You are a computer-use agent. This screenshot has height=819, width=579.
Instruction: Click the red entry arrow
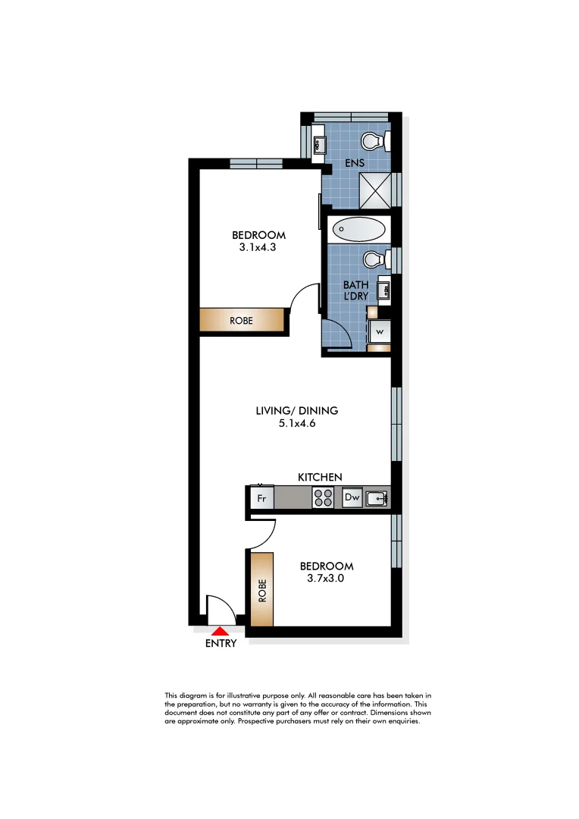(220, 630)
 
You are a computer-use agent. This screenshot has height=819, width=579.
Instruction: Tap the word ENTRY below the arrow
(221, 644)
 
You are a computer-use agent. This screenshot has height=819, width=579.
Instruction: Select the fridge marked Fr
(261, 498)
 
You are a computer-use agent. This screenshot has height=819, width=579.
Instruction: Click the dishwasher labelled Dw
(352, 498)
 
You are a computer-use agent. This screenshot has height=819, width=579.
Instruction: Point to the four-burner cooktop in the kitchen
(323, 498)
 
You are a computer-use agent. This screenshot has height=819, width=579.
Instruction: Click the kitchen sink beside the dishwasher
(377, 498)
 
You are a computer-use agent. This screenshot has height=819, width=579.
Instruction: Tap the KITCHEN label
(319, 477)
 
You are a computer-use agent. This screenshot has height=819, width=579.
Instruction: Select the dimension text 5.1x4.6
(296, 424)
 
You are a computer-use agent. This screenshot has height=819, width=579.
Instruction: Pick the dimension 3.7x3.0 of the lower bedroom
(326, 579)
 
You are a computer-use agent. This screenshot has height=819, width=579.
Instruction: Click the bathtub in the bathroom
(359, 230)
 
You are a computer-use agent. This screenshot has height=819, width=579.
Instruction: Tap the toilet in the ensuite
(374, 141)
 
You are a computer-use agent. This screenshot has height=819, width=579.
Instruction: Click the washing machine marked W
(379, 331)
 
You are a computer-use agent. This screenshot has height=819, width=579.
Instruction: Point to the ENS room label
(354, 163)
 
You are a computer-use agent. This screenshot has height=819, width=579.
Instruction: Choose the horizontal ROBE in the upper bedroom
(243, 321)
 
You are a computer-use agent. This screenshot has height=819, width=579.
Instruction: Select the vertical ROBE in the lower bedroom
(262, 589)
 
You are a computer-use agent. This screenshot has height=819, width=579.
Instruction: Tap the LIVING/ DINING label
(296, 411)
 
